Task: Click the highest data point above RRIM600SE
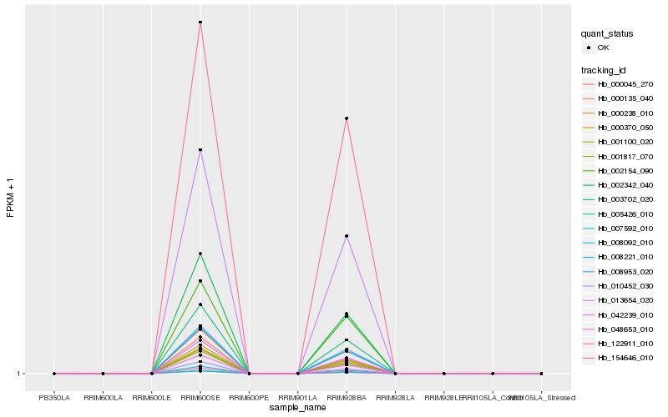[x=200, y=22]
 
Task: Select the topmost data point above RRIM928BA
[x=347, y=118]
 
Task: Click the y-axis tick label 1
[x=18, y=374]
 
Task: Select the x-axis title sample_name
[x=298, y=408]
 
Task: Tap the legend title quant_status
[x=608, y=34]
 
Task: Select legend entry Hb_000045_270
[x=625, y=84]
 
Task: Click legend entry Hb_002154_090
[x=625, y=170]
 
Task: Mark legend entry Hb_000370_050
[x=625, y=128]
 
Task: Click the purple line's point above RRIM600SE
[x=200, y=150]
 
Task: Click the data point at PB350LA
[x=54, y=374]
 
